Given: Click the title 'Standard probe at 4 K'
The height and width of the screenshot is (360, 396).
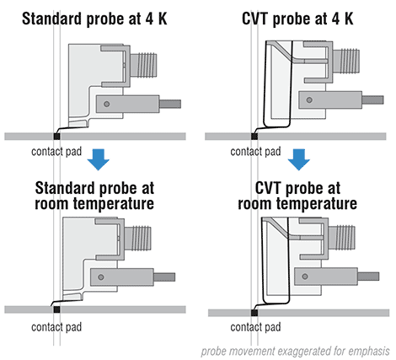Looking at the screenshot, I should pyautogui.click(x=97, y=15).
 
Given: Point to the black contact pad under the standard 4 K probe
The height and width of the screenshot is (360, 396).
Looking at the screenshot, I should pyautogui.click(x=56, y=135).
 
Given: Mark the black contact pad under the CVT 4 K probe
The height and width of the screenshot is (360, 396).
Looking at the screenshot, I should pyautogui.click(x=255, y=135).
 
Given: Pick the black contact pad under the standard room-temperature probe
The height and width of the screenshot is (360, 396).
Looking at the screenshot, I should pyautogui.click(x=56, y=309).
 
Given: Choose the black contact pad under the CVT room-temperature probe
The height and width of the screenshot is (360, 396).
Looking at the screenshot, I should pyautogui.click(x=255, y=311).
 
